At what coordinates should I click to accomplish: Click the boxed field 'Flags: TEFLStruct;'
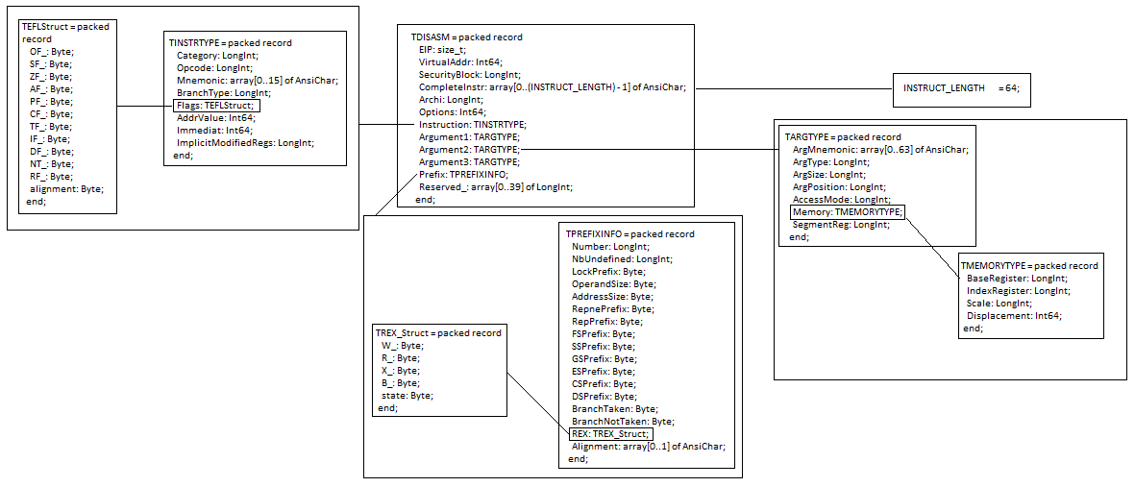pos(215,106)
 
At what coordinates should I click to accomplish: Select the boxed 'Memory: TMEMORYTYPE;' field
pos(848,211)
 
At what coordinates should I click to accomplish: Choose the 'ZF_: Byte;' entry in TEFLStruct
pos(51,76)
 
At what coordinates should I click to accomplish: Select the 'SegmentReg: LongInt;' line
pos(841,224)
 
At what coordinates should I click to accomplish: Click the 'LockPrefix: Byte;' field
pos(608,272)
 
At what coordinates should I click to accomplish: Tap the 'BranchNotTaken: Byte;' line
pos(623,422)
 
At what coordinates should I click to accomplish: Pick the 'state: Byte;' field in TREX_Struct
pos(407,395)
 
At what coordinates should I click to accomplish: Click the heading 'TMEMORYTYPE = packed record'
pos(1029,265)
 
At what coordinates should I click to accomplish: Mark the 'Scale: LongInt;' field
pos(999,303)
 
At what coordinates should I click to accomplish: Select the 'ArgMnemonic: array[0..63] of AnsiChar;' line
pos(880,149)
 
